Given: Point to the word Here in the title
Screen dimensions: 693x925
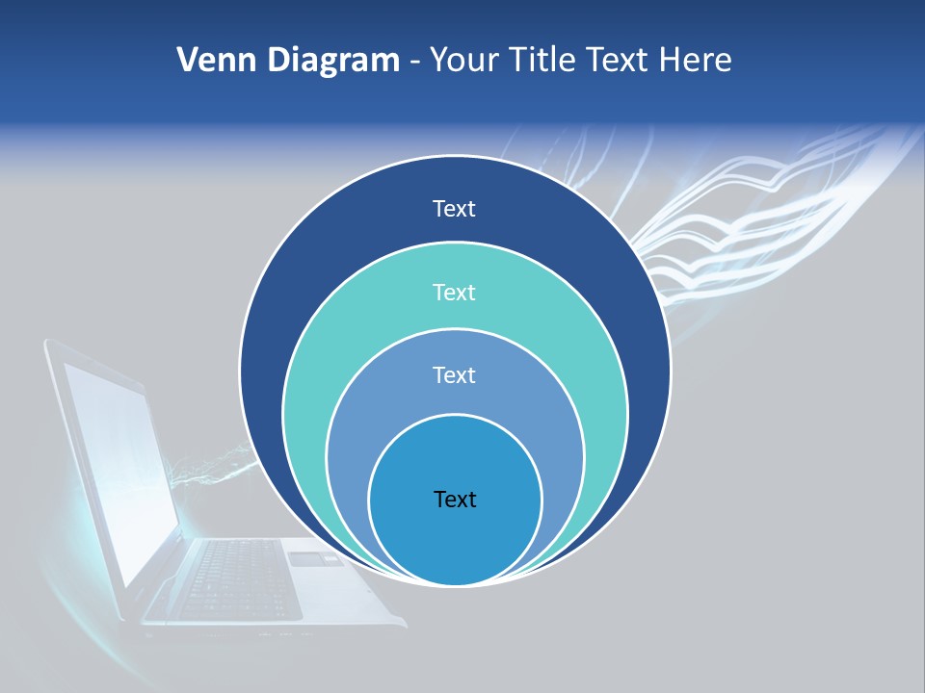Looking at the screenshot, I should point(695,61).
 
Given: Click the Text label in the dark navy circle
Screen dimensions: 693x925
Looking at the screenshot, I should point(455,209).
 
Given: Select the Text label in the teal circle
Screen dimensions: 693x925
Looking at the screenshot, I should point(455,292).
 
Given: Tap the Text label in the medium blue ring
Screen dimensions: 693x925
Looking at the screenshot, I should point(455,374).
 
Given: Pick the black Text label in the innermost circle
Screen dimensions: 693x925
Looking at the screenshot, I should point(455,500).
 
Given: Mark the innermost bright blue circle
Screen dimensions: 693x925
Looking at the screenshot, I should point(455,539).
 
